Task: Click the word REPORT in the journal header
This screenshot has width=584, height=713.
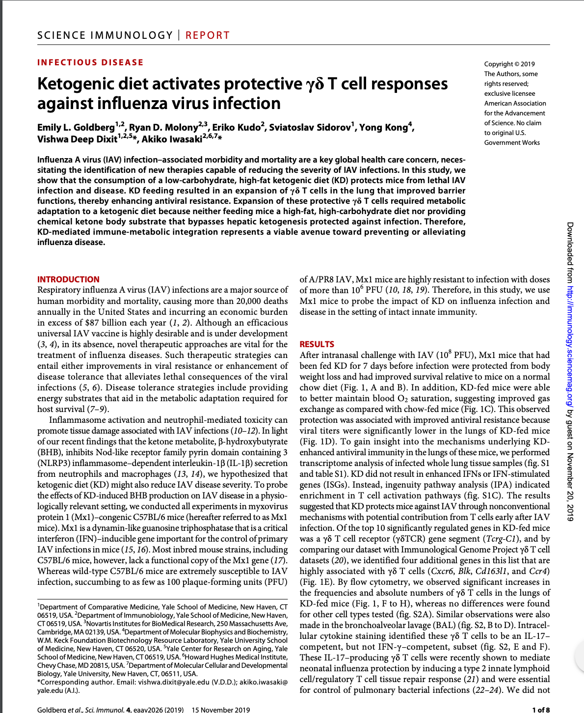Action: (207, 35)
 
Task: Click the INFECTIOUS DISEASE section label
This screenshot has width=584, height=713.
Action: (90, 62)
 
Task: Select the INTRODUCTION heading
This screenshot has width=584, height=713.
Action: (68, 279)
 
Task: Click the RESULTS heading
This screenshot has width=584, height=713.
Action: (317, 344)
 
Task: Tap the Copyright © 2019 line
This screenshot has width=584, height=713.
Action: (509, 64)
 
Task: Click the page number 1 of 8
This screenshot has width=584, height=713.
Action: (541, 710)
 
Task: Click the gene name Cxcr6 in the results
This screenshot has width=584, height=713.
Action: (441, 571)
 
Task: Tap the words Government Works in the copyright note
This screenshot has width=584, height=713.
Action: (512, 142)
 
